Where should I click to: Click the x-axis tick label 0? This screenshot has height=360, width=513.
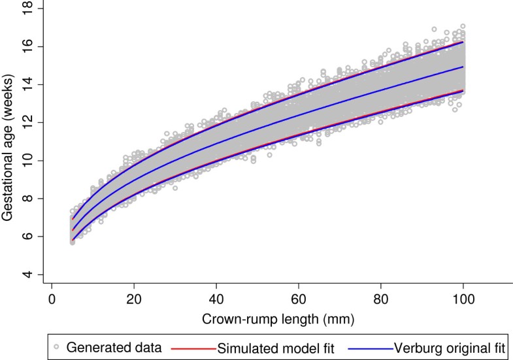pyautogui.click(x=52, y=299)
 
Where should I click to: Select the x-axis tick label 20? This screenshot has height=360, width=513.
pyautogui.click(x=134, y=299)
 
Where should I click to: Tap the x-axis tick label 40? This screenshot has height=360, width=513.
pyautogui.click(x=216, y=299)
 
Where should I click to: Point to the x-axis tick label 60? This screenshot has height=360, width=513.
pyautogui.click(x=299, y=299)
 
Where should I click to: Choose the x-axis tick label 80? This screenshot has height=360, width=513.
pyautogui.click(x=381, y=299)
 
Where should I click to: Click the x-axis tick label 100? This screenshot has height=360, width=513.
pyautogui.click(x=463, y=299)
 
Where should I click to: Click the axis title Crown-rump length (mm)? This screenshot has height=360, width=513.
pyautogui.click(x=257, y=318)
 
